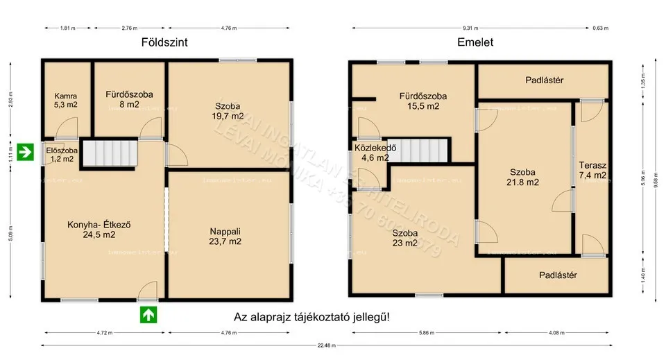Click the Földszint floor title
[164, 42]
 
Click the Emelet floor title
[475, 42]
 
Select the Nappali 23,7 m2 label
[225, 237]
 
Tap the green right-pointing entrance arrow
[26, 151]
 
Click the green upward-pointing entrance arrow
[148, 314]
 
